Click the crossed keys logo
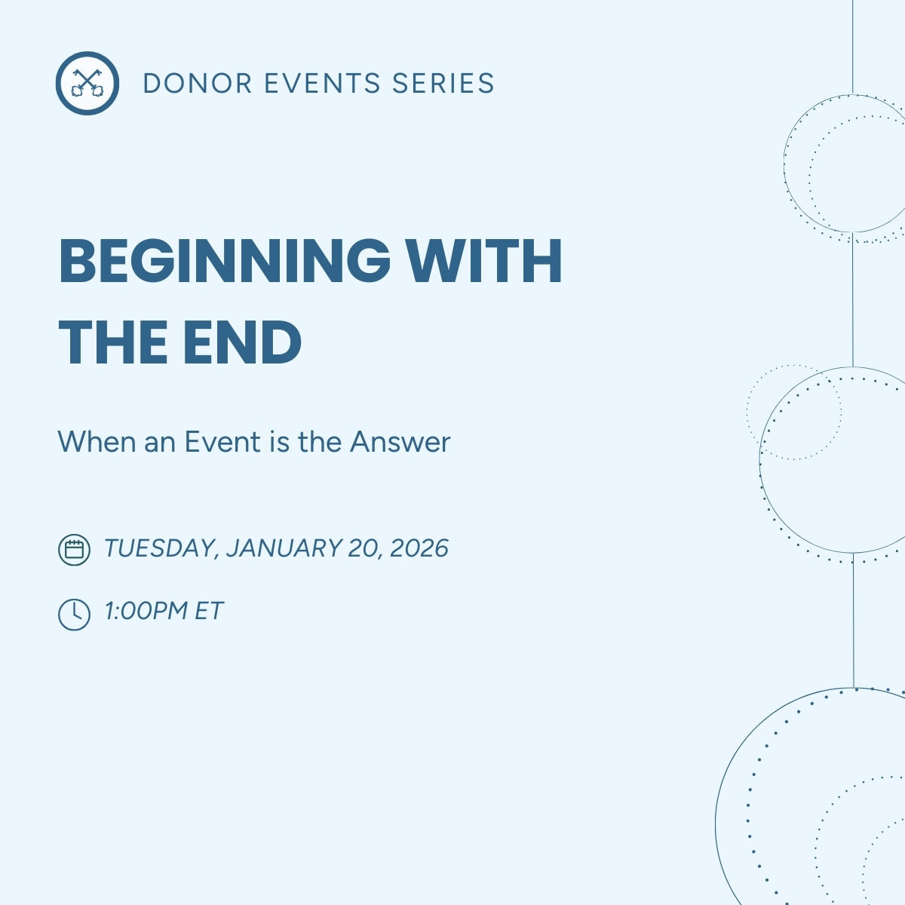pyautogui.click(x=87, y=83)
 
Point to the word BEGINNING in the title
pyautogui.click(x=224, y=261)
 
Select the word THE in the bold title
pyautogui.click(x=113, y=343)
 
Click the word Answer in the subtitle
pyautogui.click(x=400, y=442)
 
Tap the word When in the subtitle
pyautogui.click(x=97, y=442)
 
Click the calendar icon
pyautogui.click(x=74, y=549)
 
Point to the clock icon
pyautogui.click(x=74, y=614)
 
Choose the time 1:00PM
pyautogui.click(x=146, y=611)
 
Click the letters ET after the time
pyautogui.click(x=209, y=611)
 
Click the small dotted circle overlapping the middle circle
pyautogui.click(x=793, y=413)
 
